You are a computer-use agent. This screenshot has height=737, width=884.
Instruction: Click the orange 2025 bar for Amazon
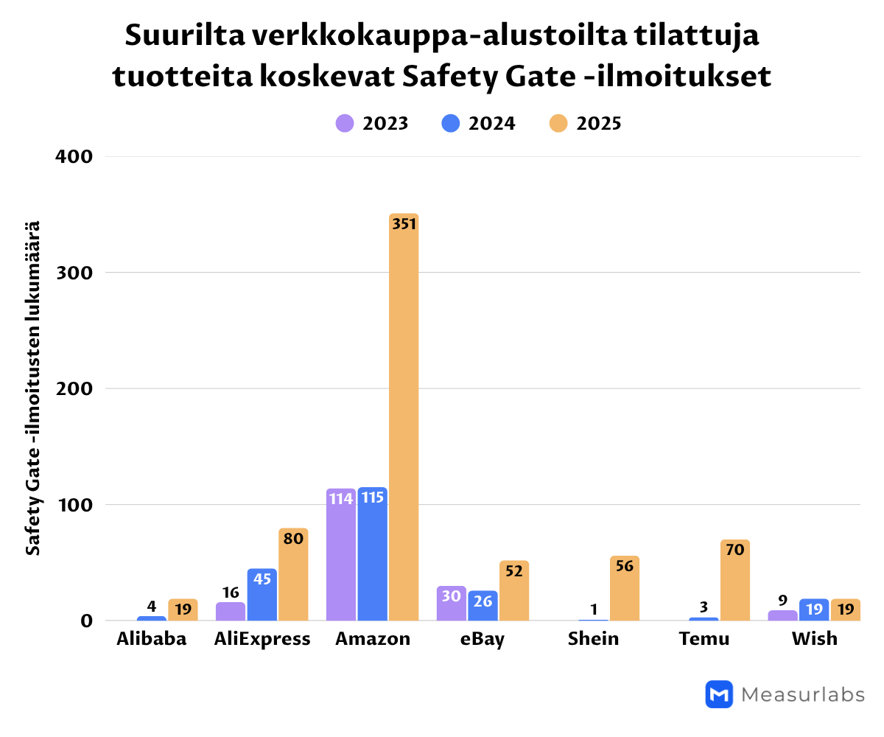click(404, 420)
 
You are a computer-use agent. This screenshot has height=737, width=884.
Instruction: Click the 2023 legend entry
click(372, 123)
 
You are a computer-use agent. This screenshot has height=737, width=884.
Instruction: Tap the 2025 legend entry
click(586, 123)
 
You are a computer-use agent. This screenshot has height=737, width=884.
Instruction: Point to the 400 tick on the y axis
click(74, 156)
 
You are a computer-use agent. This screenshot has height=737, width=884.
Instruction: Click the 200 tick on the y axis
click(74, 388)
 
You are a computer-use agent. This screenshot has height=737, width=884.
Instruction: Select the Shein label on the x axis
click(593, 638)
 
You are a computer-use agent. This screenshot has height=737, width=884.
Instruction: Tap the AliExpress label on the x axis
click(262, 638)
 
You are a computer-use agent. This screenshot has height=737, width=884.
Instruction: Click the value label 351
click(404, 224)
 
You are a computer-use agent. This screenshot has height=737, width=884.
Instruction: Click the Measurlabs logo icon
click(719, 694)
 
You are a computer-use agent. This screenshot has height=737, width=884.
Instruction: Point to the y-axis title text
click(33, 388)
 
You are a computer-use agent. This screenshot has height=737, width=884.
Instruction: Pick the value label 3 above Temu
click(704, 607)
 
